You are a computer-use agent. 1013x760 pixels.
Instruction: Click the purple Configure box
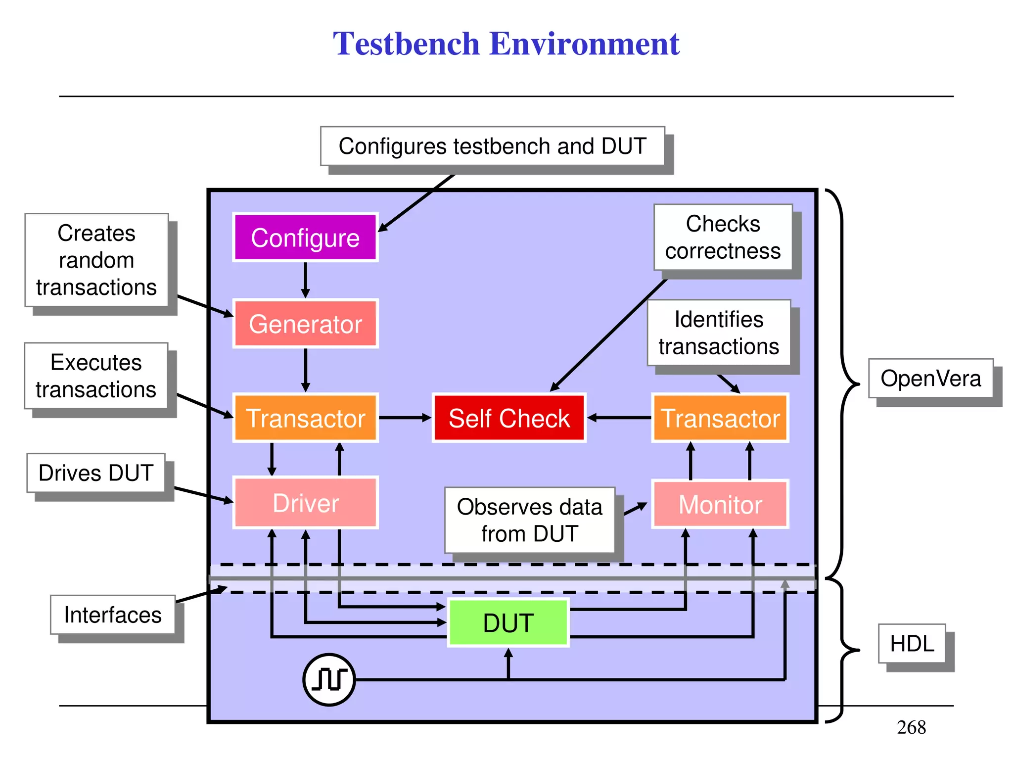(305, 237)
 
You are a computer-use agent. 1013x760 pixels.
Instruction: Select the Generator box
(305, 324)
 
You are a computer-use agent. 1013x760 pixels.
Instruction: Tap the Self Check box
(509, 418)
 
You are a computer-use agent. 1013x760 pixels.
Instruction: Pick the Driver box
(305, 503)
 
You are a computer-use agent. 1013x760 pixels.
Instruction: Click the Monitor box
(720, 504)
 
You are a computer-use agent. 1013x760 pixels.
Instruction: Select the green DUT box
(508, 622)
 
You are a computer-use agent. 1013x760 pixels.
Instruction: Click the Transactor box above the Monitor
(720, 418)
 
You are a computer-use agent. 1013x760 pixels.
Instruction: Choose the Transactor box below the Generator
(305, 418)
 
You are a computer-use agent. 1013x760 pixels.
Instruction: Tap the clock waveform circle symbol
(329, 679)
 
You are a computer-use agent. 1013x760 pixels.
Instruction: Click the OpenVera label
(930, 379)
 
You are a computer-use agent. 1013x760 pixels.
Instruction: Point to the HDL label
(912, 643)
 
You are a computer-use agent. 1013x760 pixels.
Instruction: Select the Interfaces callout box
(113, 615)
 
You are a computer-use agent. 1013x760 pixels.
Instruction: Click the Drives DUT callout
(96, 473)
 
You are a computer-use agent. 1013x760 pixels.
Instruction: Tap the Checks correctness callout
(723, 237)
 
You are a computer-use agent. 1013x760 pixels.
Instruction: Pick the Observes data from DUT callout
(529, 520)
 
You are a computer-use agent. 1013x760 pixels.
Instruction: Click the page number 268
(911, 727)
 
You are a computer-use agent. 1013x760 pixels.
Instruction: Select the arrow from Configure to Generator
(305, 280)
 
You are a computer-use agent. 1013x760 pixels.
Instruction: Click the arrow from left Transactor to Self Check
(405, 418)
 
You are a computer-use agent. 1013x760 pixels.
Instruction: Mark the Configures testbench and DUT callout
(492, 146)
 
